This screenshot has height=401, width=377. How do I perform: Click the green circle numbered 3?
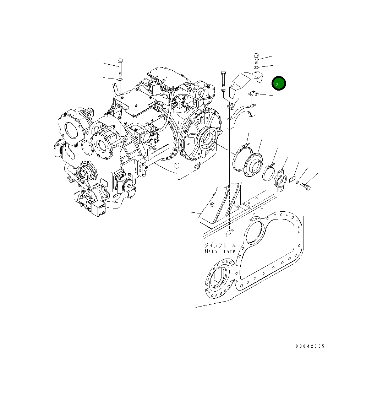(278, 83)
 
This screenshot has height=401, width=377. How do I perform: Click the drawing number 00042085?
(310, 346)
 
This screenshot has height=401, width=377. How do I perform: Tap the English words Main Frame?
(220, 251)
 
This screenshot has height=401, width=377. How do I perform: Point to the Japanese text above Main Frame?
(220, 245)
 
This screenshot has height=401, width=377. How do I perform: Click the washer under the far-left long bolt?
(120, 80)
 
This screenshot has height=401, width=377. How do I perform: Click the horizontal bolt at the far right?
(305, 186)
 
